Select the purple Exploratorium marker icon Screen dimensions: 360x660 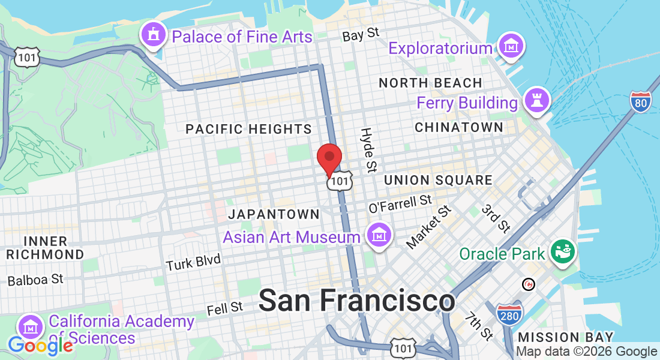coord(512,46)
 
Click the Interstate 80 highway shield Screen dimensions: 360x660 coord(641,103)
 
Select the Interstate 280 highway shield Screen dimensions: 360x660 coord(509,314)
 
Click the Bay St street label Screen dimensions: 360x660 coord(361,35)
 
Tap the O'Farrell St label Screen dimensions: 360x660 coord(400,203)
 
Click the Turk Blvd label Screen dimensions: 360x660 coord(193,262)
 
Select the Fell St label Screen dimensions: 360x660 coord(225,308)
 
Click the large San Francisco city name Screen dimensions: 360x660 coord(356,300)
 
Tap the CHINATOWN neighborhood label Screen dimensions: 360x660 coord(459,127)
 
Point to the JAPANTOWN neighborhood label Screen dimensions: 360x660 coord(274,214)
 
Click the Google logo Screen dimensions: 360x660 coord(40,345)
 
